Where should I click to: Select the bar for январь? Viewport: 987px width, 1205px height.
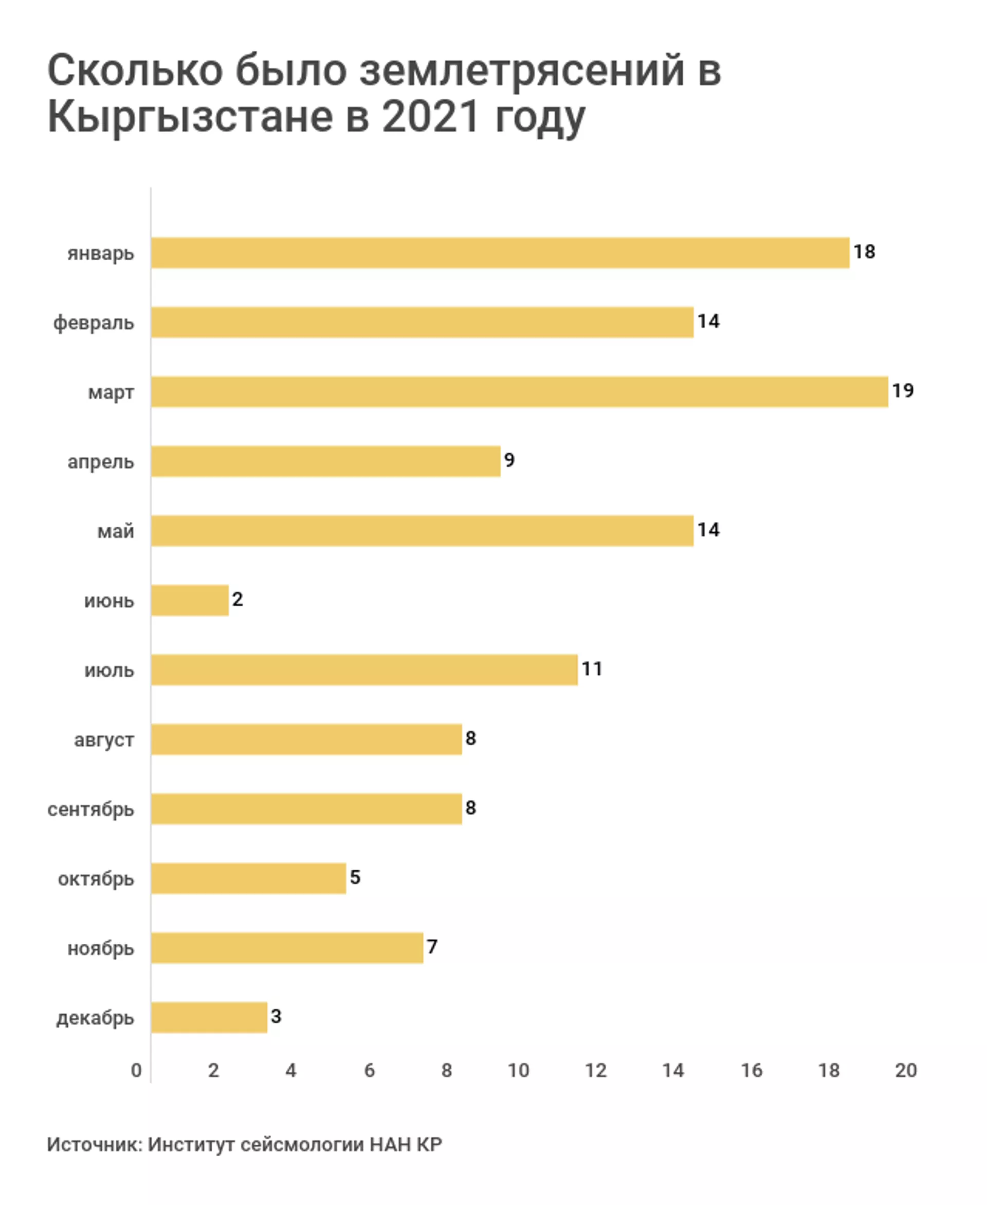[500, 253]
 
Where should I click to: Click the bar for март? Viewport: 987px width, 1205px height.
[519, 392]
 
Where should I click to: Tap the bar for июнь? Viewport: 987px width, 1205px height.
[190, 600]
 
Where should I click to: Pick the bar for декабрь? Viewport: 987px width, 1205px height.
[209, 1017]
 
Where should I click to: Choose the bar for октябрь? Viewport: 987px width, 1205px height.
[248, 878]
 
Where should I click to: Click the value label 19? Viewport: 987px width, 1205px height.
[902, 391]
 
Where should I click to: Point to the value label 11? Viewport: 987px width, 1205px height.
[592, 669]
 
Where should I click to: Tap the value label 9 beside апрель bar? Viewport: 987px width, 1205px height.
[509, 460]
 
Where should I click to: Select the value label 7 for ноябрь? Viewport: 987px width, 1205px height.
[432, 947]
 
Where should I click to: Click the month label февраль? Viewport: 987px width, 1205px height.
[94, 323]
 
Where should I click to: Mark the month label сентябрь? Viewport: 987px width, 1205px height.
[91, 809]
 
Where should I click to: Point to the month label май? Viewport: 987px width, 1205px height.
[116, 532]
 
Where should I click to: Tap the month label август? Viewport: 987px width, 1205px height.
[104, 740]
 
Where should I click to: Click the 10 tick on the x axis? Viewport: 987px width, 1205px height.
[518, 1071]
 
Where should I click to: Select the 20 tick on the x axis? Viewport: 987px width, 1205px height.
[906, 1071]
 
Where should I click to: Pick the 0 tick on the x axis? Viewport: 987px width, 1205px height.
[136, 1071]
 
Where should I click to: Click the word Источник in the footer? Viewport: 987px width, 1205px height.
[94, 1144]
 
